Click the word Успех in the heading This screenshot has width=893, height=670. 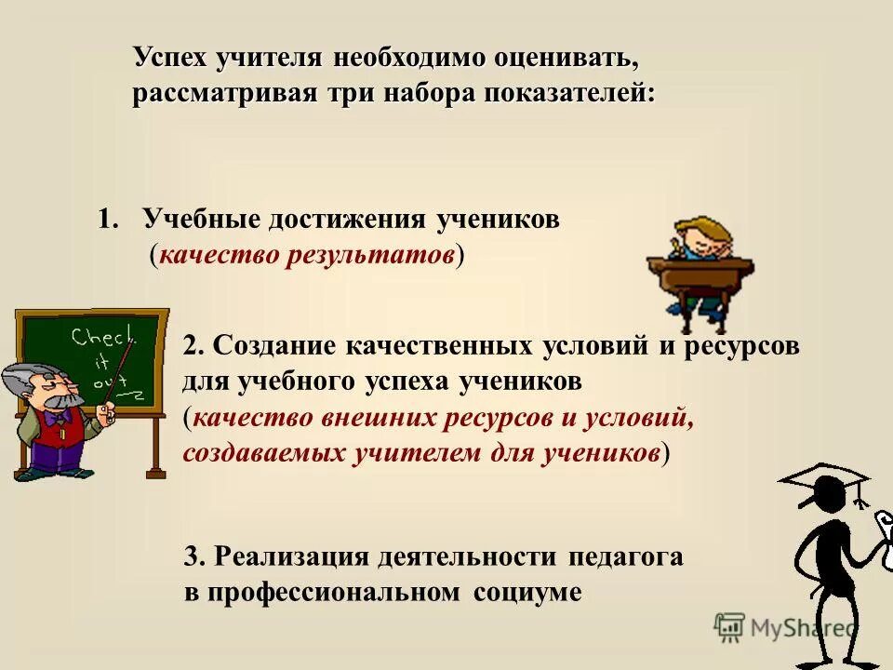coord(170,58)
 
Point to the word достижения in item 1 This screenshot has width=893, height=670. coord(347,220)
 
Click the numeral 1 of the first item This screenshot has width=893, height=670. coord(104,220)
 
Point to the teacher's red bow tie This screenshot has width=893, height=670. coord(59,416)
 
